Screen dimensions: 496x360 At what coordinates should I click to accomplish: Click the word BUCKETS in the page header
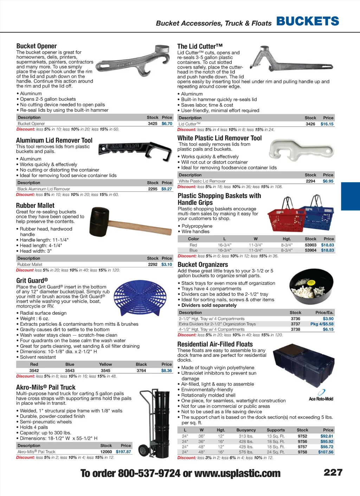pos(308,21)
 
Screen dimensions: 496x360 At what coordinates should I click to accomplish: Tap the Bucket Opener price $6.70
pos(167,124)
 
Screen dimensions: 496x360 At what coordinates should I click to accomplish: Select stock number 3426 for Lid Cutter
pos(310,124)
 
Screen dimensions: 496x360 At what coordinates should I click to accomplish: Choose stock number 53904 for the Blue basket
pos(310,250)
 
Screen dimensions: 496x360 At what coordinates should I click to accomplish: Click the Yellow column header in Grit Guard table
pos(105,365)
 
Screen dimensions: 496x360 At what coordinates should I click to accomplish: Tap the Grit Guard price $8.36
pos(166,371)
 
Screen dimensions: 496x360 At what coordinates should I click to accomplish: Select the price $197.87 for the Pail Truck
pos(123,452)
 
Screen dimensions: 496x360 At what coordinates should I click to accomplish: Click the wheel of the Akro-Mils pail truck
pos(143,450)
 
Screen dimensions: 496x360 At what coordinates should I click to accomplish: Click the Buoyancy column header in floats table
pos(246,430)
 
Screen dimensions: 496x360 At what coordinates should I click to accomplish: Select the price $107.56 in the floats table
pos(326,452)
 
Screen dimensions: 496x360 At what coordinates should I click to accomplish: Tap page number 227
pos(333,472)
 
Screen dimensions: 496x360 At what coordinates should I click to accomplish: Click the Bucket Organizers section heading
pos(203,265)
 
